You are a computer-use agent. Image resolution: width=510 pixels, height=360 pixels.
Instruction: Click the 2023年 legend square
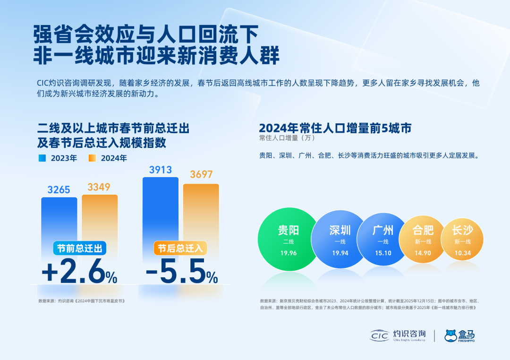click(42, 158)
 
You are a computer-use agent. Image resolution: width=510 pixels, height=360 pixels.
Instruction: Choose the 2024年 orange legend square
click(93, 158)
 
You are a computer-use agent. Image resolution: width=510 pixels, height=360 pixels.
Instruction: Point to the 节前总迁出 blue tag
click(79, 249)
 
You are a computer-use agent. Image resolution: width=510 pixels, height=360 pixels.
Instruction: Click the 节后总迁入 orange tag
click(180, 249)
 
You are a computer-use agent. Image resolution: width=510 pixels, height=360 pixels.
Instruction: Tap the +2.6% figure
click(79, 273)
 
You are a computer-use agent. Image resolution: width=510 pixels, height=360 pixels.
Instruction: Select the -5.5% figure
click(182, 273)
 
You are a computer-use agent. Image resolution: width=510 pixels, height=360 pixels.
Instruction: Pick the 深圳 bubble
click(340, 239)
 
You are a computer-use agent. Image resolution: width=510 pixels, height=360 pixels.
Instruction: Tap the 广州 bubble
click(382, 239)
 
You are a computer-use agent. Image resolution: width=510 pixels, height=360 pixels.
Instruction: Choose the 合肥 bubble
click(423, 239)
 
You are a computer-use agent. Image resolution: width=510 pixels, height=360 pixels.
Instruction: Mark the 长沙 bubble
click(462, 239)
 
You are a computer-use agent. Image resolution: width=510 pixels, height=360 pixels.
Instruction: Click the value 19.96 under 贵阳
click(288, 253)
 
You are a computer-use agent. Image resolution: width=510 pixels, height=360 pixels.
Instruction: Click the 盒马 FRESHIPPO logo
click(459, 335)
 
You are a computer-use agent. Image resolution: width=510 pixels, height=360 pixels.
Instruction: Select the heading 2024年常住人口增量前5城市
click(335, 128)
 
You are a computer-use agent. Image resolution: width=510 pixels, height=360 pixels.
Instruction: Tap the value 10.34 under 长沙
click(462, 253)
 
